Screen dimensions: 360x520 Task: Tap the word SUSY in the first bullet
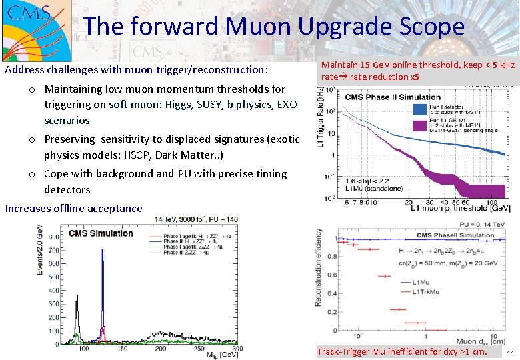coord(213,105)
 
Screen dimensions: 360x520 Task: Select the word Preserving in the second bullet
coord(70,139)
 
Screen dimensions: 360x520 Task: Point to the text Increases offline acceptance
coord(73,208)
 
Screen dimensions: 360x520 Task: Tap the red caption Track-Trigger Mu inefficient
coord(402,351)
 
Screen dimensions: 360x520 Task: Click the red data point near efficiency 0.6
coord(385,275)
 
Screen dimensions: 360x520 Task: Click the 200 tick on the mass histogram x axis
coord(161,349)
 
